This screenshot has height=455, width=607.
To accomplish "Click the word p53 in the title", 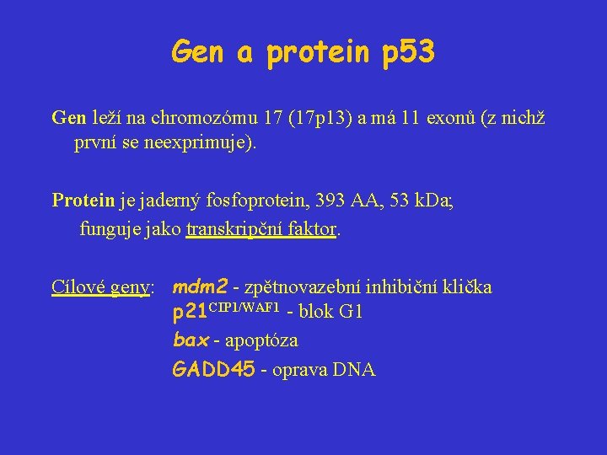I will coord(408,53).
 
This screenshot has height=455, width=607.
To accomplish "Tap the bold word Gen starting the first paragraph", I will coord(68,117).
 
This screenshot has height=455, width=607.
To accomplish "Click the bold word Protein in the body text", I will coord(83,200).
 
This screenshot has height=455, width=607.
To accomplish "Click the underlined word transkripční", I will coord(237,227).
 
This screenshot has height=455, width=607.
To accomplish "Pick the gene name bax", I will coord(190,340).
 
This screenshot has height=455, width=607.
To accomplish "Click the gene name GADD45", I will coord(212,369).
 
